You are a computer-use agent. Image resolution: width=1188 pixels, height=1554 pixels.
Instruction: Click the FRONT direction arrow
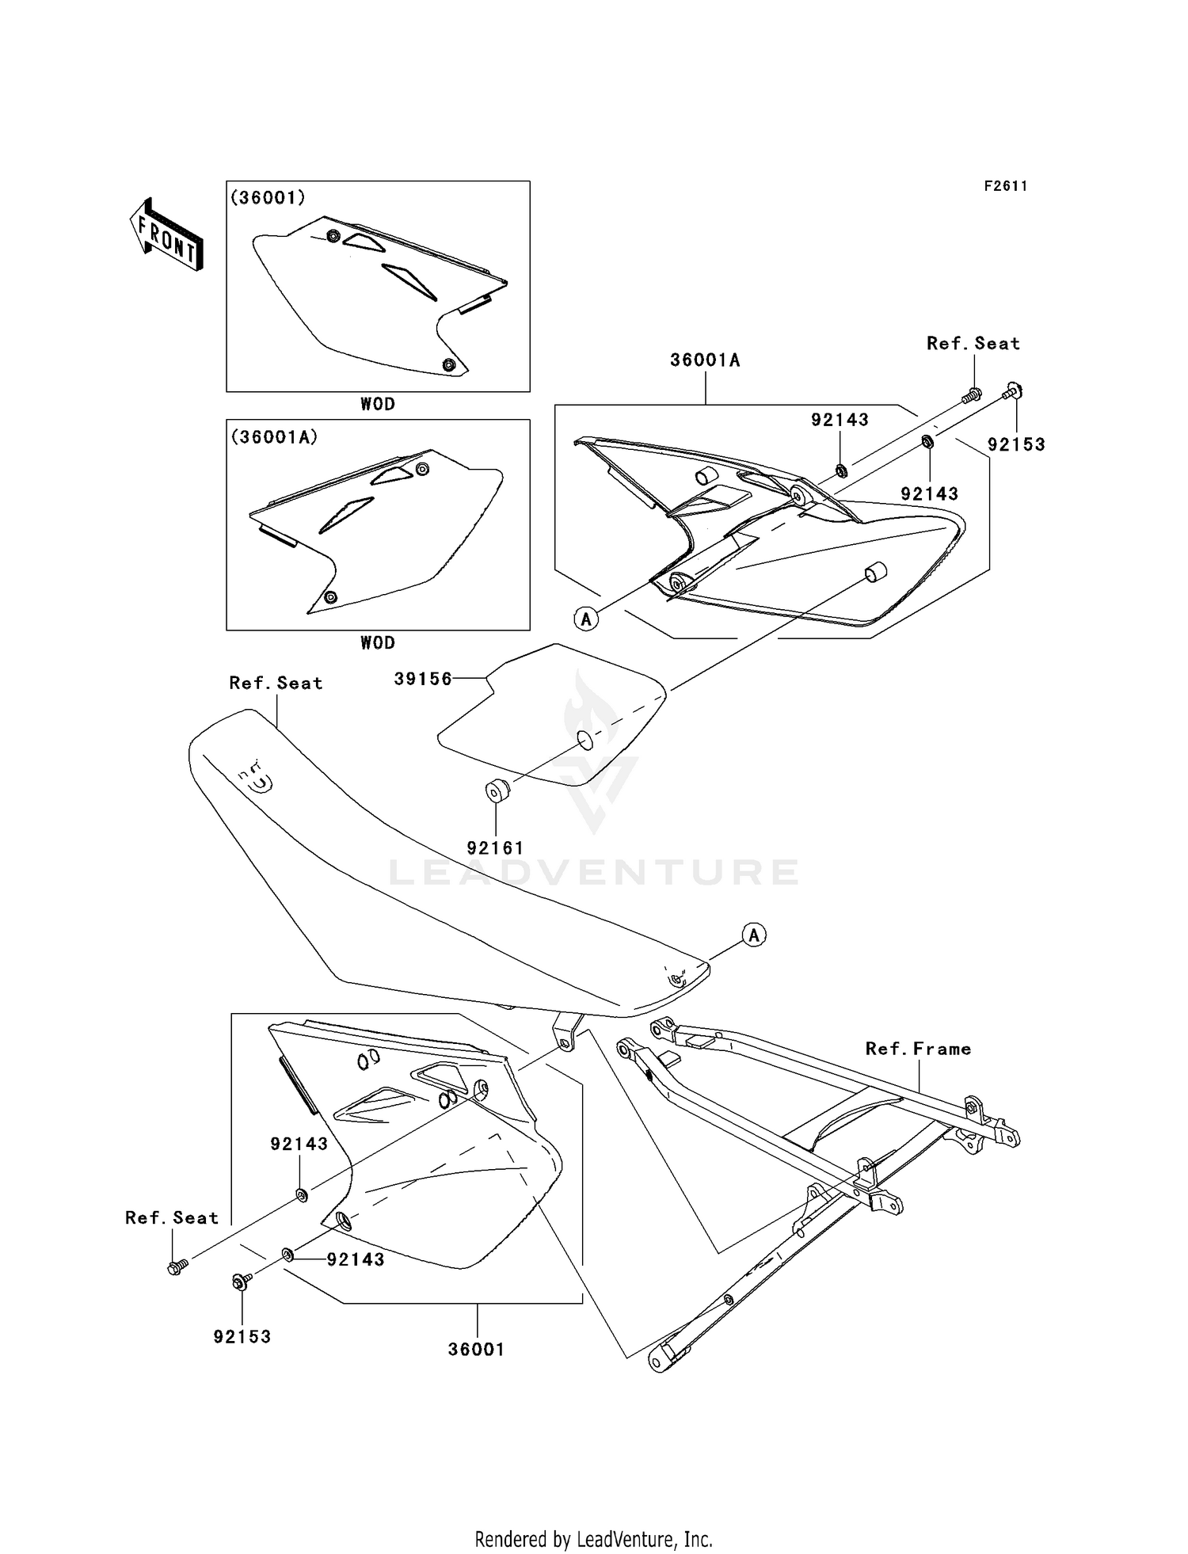point(166,237)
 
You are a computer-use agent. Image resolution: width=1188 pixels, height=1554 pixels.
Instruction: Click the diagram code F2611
point(1006,186)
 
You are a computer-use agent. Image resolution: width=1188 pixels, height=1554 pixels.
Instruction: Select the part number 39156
point(423,679)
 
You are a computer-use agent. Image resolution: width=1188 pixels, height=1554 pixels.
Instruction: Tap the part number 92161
point(495,848)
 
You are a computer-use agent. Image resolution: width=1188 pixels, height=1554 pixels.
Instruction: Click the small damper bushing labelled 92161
point(497,790)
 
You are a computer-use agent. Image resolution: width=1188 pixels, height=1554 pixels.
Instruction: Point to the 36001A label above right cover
point(705,360)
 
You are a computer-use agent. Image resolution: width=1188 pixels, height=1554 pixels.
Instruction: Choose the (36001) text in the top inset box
point(268,197)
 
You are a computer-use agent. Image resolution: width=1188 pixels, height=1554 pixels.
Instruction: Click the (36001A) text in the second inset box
point(273,436)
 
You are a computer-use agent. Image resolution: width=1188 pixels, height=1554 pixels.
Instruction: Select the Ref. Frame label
point(918,1049)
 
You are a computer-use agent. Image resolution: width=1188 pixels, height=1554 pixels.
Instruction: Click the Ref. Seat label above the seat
point(276,683)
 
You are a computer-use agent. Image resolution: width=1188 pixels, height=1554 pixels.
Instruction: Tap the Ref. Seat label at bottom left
point(171,1217)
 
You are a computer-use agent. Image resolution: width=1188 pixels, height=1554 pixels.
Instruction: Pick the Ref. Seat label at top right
point(973,343)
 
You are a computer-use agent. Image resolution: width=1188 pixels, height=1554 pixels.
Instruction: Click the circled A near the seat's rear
point(754,935)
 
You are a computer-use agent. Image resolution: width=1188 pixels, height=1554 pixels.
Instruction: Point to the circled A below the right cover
point(586,619)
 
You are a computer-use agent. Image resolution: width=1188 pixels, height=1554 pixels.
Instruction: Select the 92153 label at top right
point(1016,444)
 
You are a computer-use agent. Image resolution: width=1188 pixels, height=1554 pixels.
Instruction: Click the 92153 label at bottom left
point(242,1337)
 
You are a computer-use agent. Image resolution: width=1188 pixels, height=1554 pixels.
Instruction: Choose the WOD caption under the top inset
point(378,404)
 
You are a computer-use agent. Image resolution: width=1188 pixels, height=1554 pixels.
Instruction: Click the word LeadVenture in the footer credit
point(626,1539)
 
